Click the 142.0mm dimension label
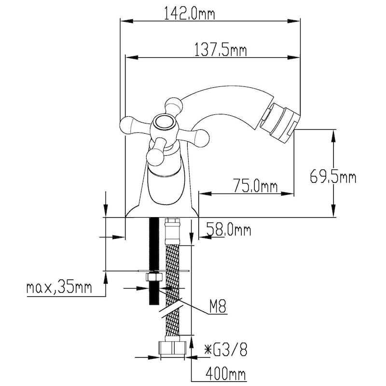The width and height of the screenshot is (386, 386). click(189, 14)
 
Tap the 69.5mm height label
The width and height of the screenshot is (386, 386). click(333, 176)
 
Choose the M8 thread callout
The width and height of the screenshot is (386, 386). click(218, 306)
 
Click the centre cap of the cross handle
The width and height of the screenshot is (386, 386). click(163, 122)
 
